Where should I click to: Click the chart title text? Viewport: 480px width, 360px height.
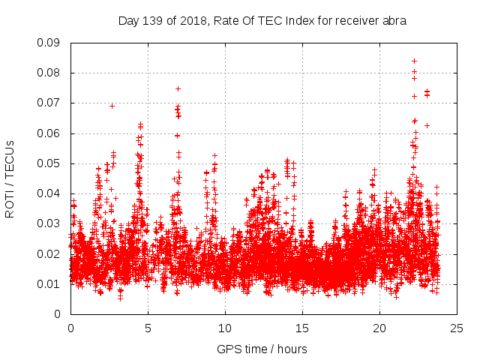262,21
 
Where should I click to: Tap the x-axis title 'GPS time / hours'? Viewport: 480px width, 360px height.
262,349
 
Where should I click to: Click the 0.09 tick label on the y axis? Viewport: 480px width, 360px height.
49,43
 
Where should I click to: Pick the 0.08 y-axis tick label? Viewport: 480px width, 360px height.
49,73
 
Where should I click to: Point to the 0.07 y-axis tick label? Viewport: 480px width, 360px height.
49,103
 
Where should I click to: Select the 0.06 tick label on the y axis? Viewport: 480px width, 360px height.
49,133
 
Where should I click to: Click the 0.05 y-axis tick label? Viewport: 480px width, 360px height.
49,163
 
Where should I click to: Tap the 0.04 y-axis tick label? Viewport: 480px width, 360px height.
49,193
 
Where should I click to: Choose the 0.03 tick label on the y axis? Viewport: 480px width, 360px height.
49,223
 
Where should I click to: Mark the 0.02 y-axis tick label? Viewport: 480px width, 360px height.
49,253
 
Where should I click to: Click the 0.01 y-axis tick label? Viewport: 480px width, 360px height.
49,283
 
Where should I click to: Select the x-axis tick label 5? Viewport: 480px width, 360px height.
148,328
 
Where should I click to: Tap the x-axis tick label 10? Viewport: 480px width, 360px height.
225,328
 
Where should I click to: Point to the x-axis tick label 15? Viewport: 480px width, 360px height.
302,328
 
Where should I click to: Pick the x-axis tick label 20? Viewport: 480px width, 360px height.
379,328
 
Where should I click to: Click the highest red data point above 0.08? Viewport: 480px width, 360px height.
414,61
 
